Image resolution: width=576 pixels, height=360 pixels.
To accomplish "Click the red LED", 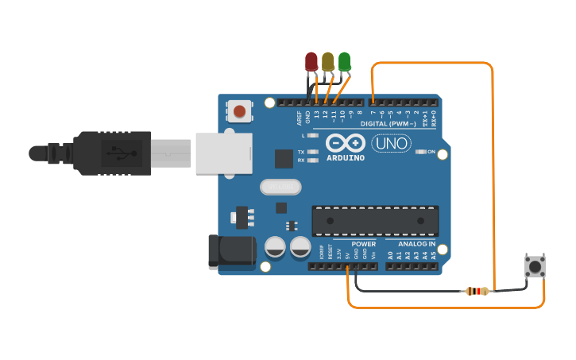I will pos(311,61).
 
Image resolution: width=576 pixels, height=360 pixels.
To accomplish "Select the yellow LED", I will pos(328,61).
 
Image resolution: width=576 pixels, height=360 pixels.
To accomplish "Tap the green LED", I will pos(344,61).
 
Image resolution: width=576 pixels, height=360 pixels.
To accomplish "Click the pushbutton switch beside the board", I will pos(535,266).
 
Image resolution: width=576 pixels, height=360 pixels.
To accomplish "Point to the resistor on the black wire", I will pos(476,291).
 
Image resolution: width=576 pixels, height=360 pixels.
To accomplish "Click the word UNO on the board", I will pos(391,144).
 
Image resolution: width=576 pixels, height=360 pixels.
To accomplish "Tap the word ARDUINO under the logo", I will pos(346,157).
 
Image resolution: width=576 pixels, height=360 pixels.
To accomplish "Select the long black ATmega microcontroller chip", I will pos(375,220).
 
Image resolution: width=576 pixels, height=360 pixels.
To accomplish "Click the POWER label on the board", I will pos(363,244).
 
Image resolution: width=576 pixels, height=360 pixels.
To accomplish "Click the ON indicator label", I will pos(431,152).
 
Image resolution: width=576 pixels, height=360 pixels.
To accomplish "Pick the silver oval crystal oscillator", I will pos(280,187).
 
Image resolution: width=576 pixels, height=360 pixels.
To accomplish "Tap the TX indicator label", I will pos(301,152).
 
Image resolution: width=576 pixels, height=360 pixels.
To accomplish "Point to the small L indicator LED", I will pos(312,136).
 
